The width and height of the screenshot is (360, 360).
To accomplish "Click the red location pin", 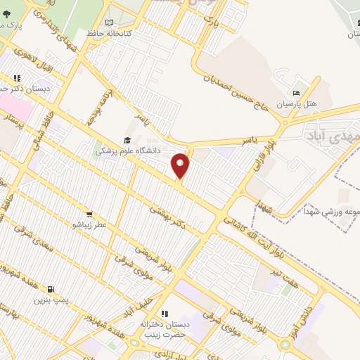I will point(181,166).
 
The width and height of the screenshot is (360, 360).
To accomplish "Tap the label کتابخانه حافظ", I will point(105,32).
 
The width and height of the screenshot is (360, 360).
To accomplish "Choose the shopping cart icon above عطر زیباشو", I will point(89,214).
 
